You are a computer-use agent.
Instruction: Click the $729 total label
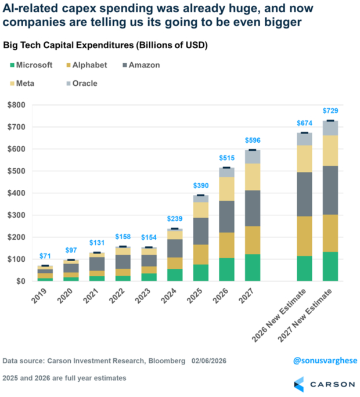coord(330,110)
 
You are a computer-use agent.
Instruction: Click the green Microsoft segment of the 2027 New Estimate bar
coord(330,266)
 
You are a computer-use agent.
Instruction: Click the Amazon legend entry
coord(136,66)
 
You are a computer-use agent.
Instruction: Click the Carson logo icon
coord(298,384)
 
